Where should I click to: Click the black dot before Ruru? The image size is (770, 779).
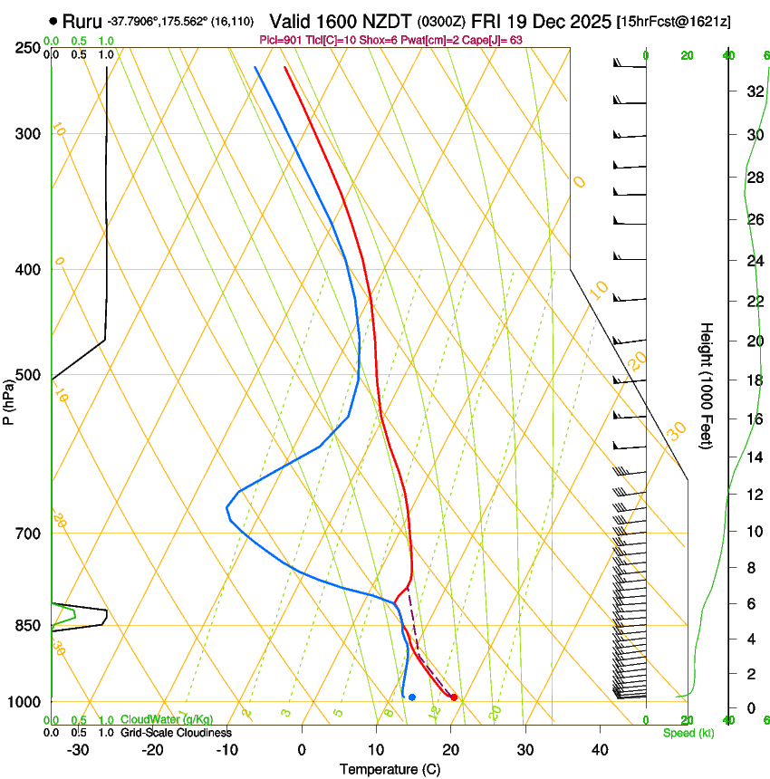[54, 20]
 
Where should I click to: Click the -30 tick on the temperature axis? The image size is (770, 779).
[78, 750]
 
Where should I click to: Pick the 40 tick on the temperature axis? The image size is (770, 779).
[600, 750]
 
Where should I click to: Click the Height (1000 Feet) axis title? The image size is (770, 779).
[707, 385]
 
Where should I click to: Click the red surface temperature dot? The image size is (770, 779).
[454, 697]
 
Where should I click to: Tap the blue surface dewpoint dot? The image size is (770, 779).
[412, 697]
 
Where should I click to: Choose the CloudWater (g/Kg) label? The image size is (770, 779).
[167, 720]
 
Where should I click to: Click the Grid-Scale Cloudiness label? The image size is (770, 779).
[176, 732]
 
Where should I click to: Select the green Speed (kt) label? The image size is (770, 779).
[688, 733]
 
